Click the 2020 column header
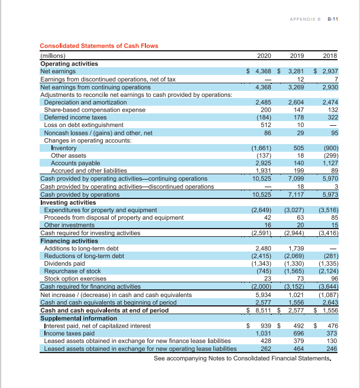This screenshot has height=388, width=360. (x=264, y=56)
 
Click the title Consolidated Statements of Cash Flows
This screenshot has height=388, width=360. (x=99, y=46)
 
